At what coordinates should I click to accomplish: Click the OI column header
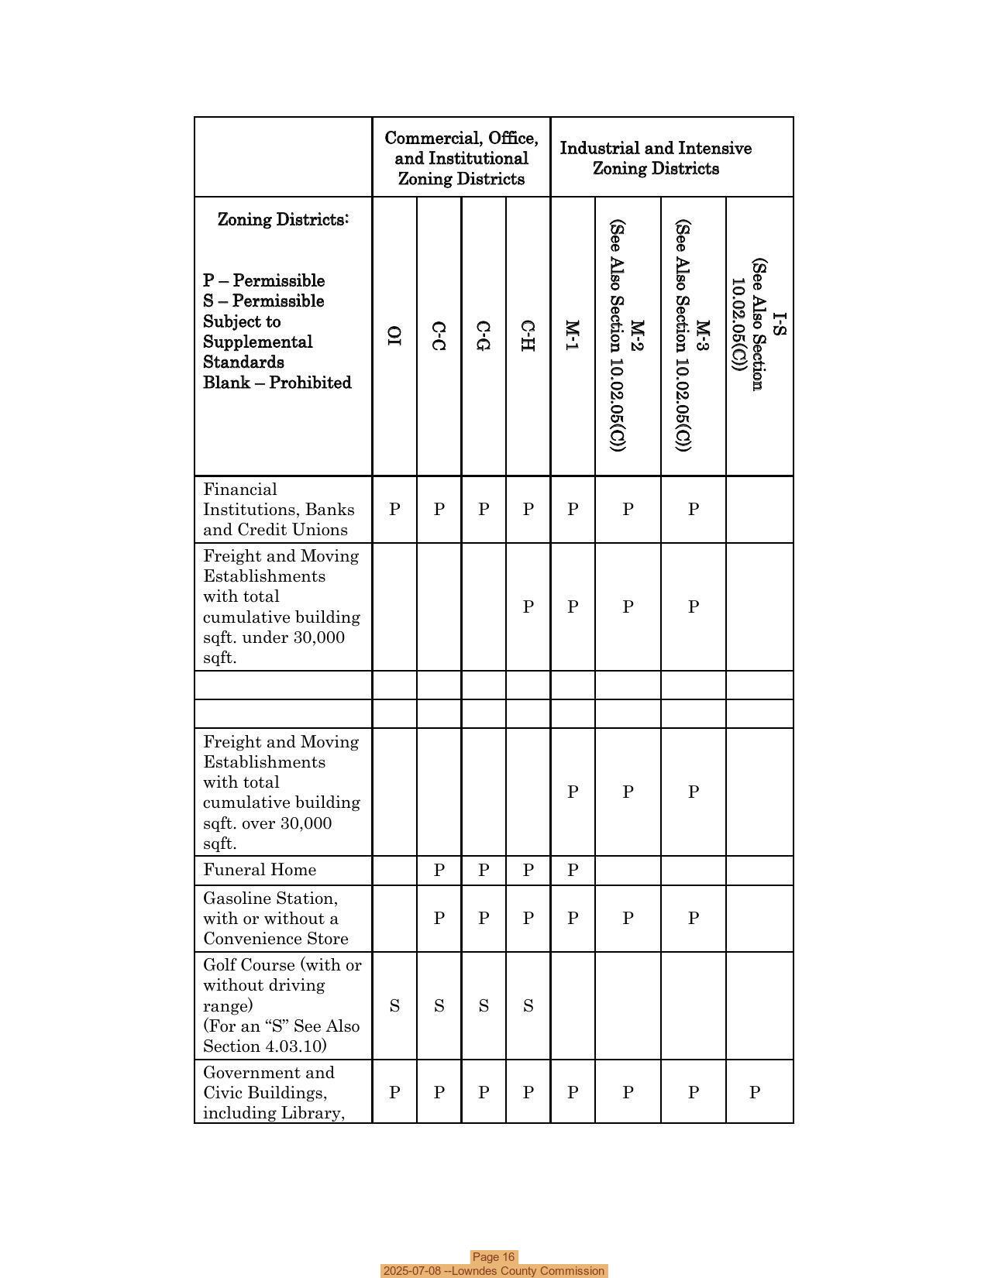394,335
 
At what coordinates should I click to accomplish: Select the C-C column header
439,335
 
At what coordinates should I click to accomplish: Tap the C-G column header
484,335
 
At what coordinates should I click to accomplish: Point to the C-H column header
528,335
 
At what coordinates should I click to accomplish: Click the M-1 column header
572,335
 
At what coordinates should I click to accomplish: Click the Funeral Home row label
260,870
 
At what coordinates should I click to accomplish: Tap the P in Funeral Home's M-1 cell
572,870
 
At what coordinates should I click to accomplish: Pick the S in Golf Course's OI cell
394,1006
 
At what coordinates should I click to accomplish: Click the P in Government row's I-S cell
754,1092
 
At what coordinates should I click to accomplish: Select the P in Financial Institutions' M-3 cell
694,509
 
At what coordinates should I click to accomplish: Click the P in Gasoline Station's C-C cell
439,918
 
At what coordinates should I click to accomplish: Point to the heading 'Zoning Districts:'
283,219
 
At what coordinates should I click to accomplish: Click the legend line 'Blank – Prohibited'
277,383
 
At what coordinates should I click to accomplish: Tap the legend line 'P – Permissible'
263,280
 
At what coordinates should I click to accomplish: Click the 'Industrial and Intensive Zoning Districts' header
656,158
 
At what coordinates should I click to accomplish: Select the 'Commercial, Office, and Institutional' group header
461,158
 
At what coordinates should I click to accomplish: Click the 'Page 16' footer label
494,1257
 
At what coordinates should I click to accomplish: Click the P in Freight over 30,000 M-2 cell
628,792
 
